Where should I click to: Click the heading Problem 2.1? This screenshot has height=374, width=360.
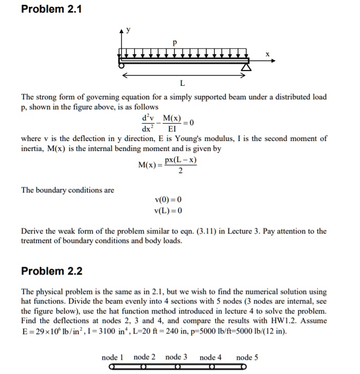click(x=52, y=9)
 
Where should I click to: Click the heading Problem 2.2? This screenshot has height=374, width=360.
click(x=52, y=271)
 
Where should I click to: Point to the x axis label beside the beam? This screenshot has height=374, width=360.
click(x=267, y=54)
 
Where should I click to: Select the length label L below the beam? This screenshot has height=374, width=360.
click(x=182, y=83)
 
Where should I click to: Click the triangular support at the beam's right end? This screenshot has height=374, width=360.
click(x=245, y=67)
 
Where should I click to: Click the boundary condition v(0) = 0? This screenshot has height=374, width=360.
click(x=168, y=200)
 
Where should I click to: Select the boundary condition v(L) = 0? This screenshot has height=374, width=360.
click(x=168, y=210)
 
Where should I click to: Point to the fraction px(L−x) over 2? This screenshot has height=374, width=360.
click(x=181, y=165)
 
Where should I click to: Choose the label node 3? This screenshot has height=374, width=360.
click(x=176, y=357)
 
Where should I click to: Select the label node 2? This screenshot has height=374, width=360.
click(x=144, y=357)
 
